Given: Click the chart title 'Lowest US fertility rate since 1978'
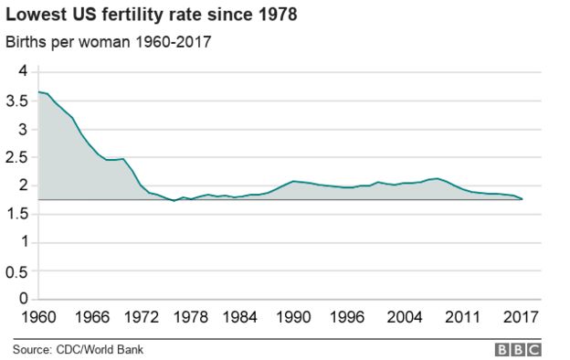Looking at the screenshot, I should click(152, 16).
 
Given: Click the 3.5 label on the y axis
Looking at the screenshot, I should click(17, 101).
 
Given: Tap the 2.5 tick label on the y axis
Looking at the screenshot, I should click(17, 157).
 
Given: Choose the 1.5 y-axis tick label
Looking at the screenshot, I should click(17, 214).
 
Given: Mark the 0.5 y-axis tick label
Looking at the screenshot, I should click(17, 270).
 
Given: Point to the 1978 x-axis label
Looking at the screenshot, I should click(195, 319).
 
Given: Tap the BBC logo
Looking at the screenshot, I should click(519, 349).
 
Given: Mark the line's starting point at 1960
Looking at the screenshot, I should click(37, 91).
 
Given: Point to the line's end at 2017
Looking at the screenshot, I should click(522, 198).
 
